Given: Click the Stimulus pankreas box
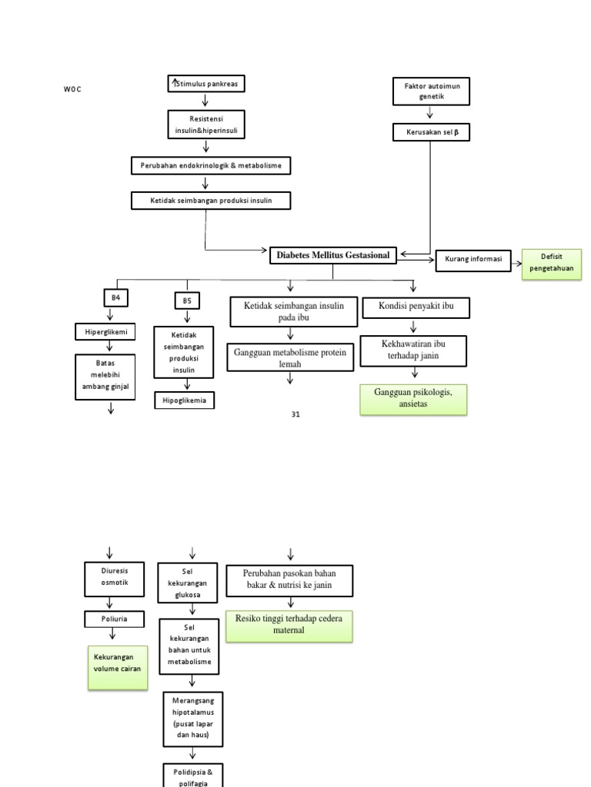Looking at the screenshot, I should (x=206, y=83).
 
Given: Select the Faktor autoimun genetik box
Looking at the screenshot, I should (x=432, y=92).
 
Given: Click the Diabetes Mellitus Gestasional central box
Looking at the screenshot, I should (x=334, y=255).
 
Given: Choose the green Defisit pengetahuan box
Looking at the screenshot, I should (x=552, y=264).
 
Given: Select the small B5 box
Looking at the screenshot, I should (x=187, y=301).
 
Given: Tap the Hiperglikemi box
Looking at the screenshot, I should (x=105, y=332).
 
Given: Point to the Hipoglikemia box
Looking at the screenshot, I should (x=185, y=400).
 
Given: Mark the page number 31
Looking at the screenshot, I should (x=295, y=414).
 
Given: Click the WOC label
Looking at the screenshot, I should (x=72, y=90).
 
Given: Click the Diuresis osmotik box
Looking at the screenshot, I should (x=110, y=577).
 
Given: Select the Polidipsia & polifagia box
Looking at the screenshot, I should (x=192, y=774).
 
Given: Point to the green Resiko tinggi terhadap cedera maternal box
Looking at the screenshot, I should (x=289, y=626).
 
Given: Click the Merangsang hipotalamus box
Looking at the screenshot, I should (x=192, y=719).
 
